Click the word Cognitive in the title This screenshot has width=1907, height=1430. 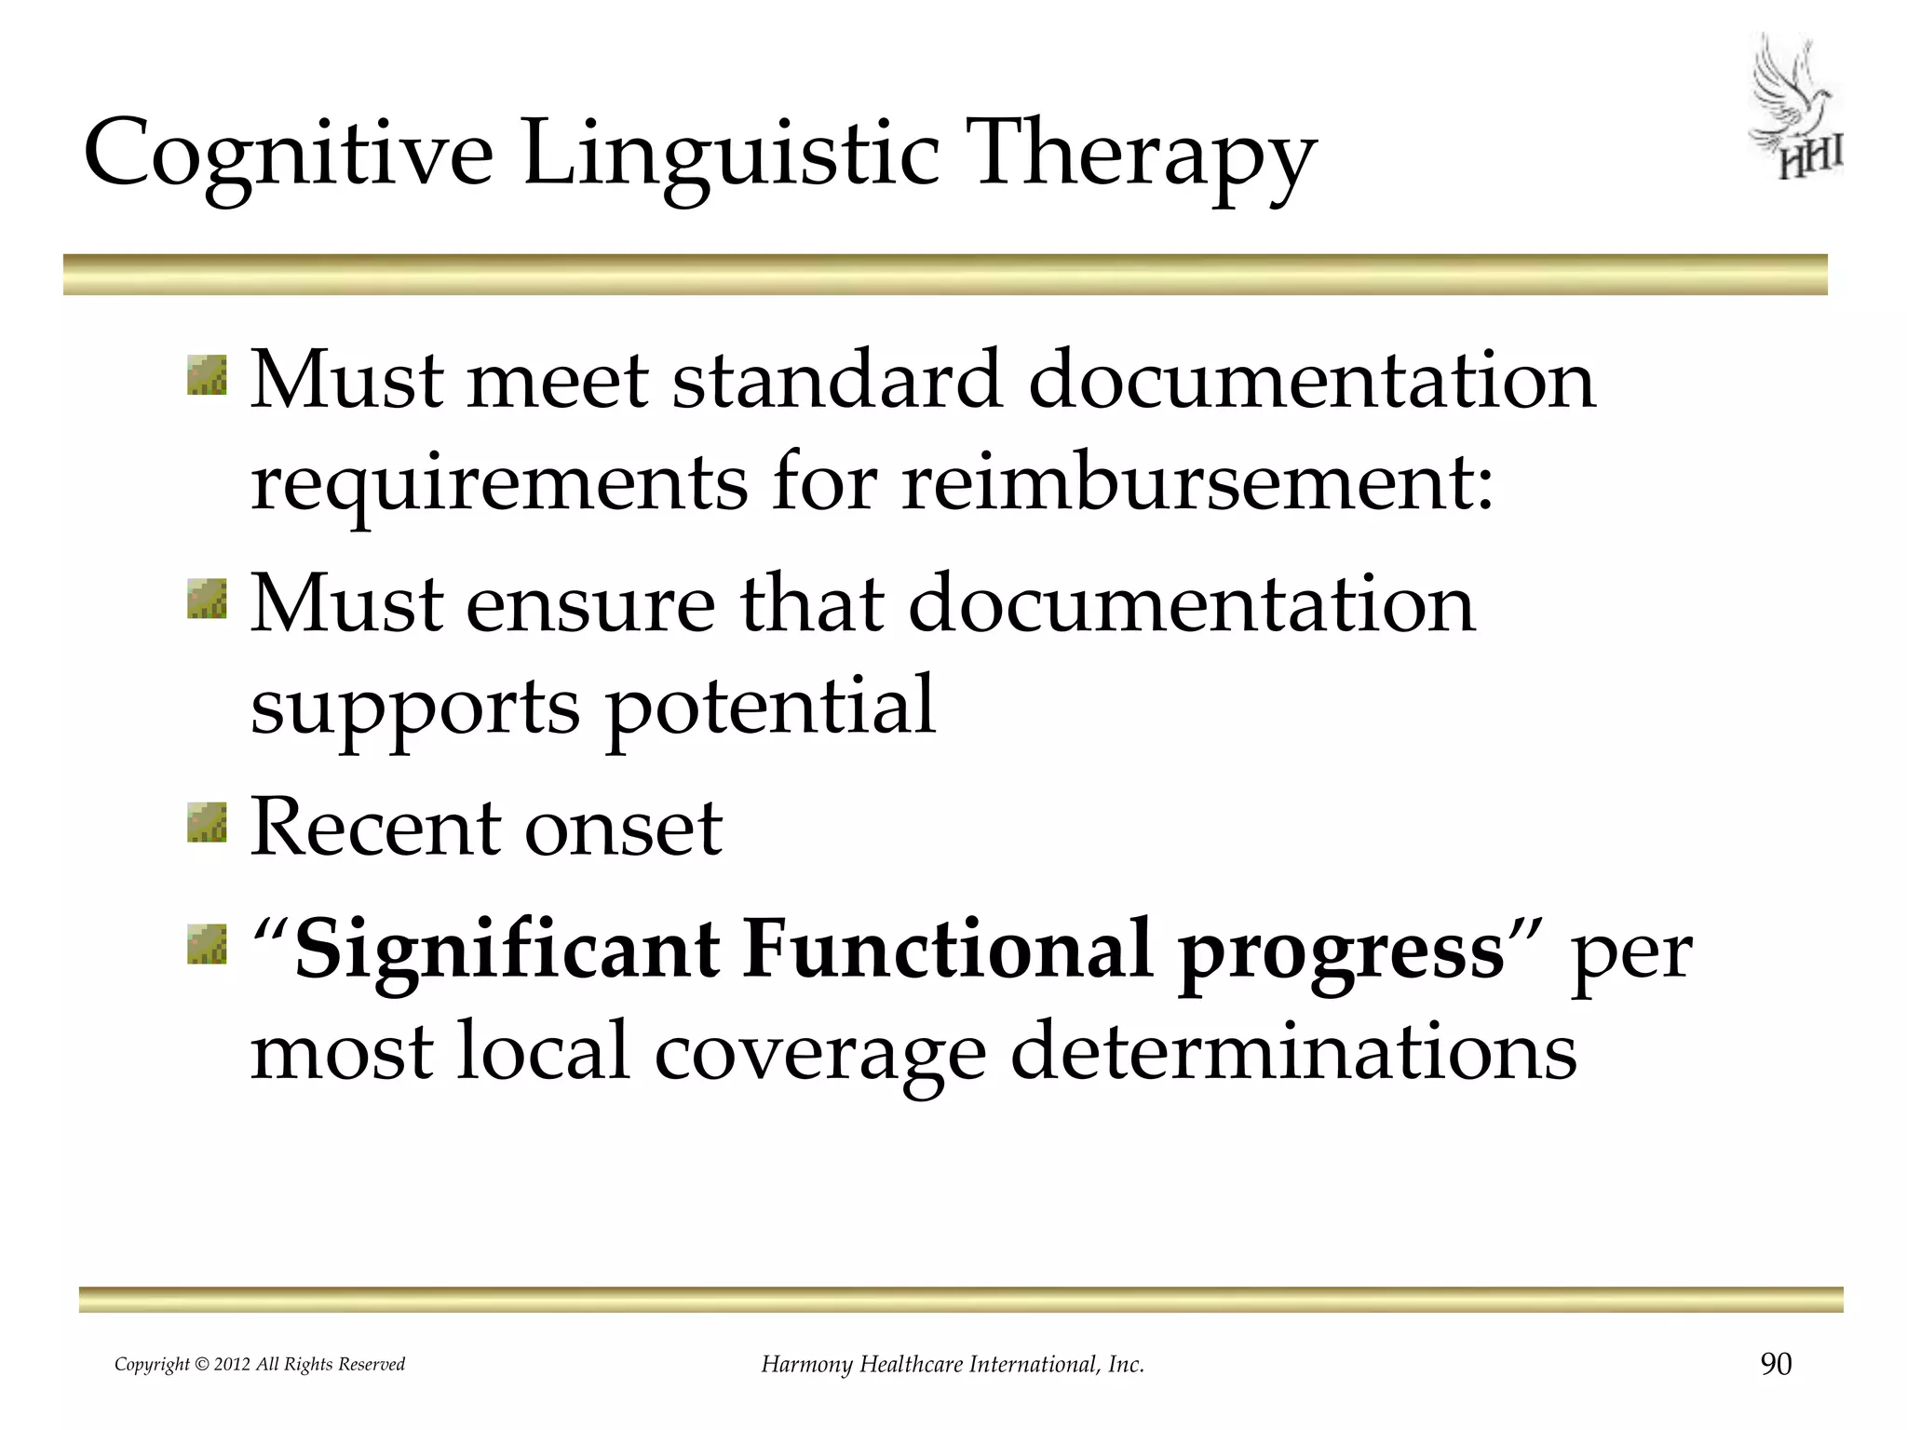[x=289, y=154]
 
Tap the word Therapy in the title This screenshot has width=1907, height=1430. [x=1141, y=154]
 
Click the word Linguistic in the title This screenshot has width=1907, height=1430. [x=731, y=154]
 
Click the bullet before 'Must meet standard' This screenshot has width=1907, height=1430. [x=207, y=375]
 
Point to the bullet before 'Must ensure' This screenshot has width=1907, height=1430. [x=207, y=599]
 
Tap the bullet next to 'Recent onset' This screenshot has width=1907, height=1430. [x=207, y=823]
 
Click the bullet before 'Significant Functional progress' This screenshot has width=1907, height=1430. [x=207, y=944]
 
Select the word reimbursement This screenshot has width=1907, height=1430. [x=1197, y=484]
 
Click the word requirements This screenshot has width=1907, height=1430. [x=499, y=484]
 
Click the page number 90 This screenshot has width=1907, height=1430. [x=1776, y=1364]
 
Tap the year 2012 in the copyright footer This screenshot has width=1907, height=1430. [x=232, y=1365]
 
